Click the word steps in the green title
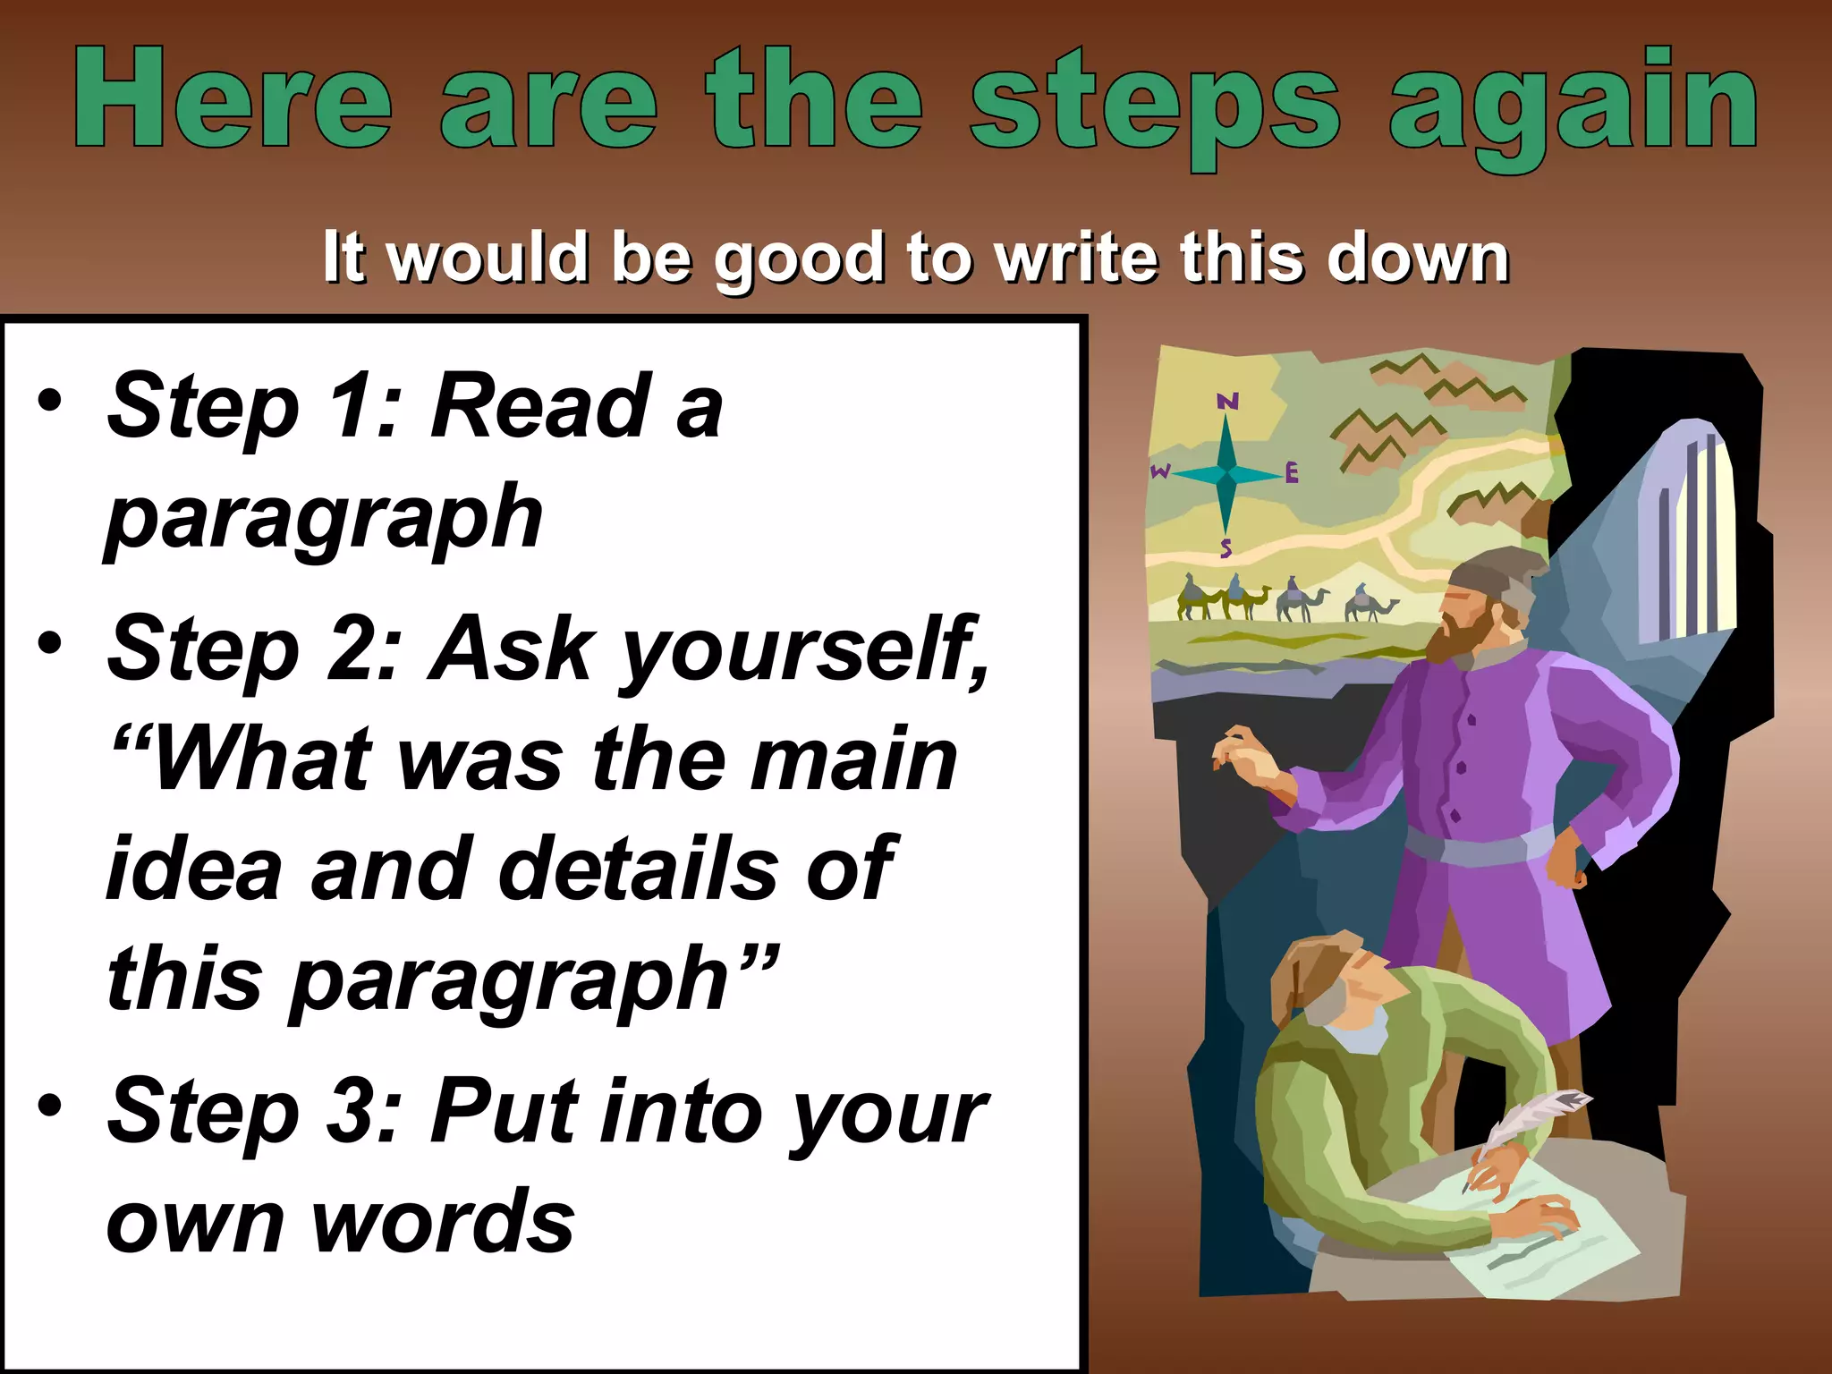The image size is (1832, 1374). (1154, 103)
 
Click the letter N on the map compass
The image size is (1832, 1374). (1227, 401)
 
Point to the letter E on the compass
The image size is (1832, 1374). (1291, 472)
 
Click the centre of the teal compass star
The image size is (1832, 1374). (1227, 471)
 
